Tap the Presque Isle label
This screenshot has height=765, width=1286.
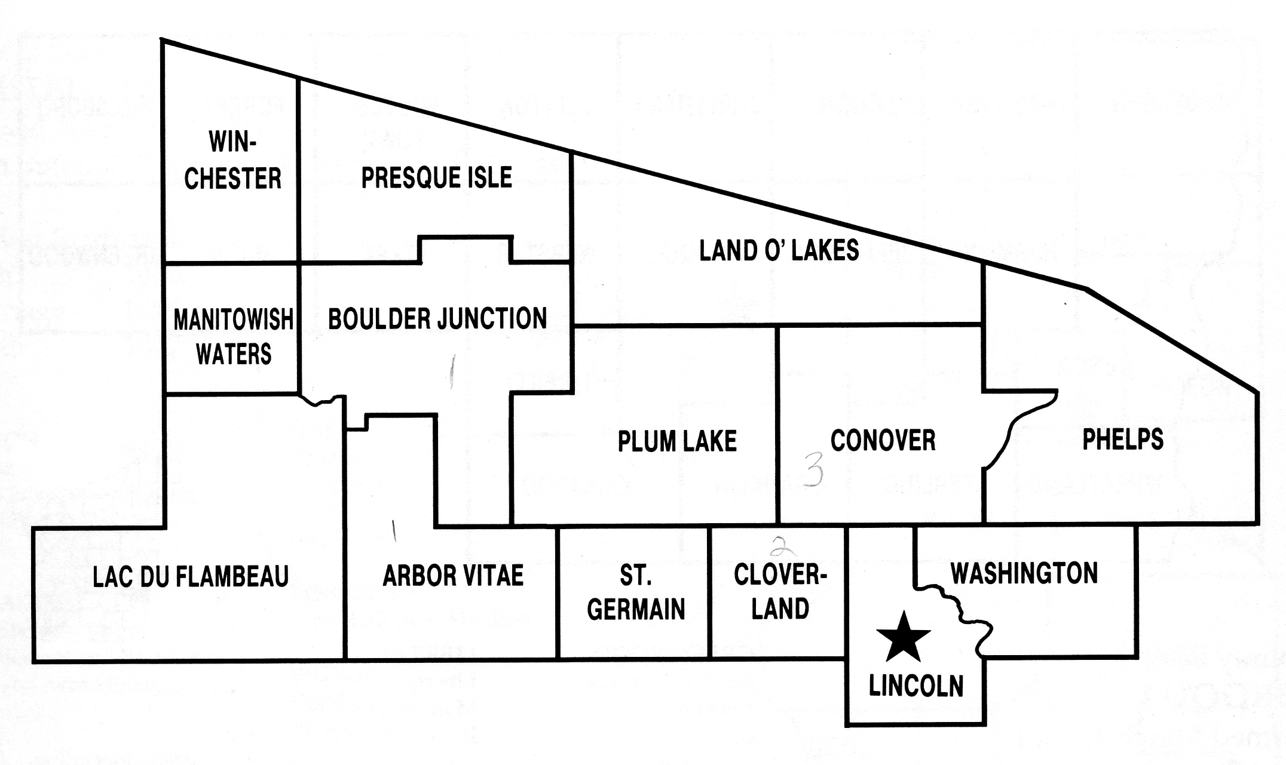tap(437, 178)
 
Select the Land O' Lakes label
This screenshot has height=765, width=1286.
tap(779, 251)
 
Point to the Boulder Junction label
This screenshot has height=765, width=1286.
tap(437, 319)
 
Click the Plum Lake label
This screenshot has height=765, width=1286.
tap(677, 442)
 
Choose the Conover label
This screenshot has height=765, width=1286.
tap(883, 441)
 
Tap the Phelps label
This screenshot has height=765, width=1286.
tap(1123, 440)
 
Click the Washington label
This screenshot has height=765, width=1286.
tap(1024, 573)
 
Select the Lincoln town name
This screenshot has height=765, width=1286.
tap(916, 686)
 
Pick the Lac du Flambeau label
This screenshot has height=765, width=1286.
tap(191, 577)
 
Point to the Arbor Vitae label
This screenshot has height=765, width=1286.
tap(453, 576)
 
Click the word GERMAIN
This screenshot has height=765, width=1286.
tap(636, 610)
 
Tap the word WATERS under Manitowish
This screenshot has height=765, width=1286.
tap(234, 355)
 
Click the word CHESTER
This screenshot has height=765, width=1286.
tap(232, 179)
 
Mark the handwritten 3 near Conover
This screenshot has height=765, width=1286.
tap(814, 469)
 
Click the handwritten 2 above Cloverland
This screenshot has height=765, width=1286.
tap(778, 546)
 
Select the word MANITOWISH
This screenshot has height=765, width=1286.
tap(233, 320)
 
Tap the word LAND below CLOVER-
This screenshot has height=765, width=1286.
tap(780, 609)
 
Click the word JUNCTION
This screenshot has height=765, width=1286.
tap(492, 319)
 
